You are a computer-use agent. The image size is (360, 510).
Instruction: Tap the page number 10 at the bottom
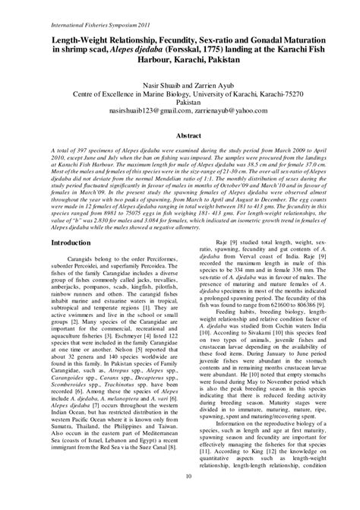pos(179,497)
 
